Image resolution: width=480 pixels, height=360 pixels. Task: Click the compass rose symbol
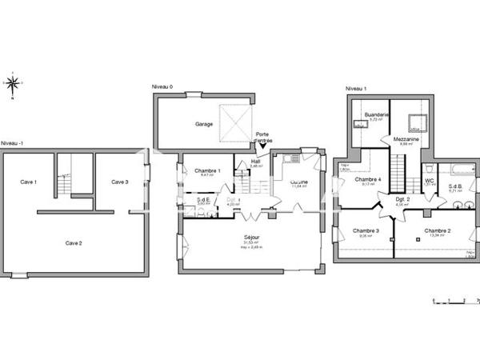tap(13, 82)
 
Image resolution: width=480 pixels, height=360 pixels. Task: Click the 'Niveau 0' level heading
tap(162, 86)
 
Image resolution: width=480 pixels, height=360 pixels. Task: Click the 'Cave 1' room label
tap(29, 182)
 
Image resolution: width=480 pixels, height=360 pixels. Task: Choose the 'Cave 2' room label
tap(74, 242)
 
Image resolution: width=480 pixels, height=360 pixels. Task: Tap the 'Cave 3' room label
tap(119, 182)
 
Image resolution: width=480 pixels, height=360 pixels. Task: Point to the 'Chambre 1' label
tap(207, 170)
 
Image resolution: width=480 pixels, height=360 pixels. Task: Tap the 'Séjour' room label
tap(250, 238)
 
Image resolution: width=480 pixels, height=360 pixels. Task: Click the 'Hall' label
tap(256, 161)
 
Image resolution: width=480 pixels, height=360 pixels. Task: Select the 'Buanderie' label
tap(376, 114)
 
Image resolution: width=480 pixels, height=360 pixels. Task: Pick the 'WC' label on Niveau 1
tap(429, 180)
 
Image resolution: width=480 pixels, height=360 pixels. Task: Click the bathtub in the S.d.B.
tap(459, 169)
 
